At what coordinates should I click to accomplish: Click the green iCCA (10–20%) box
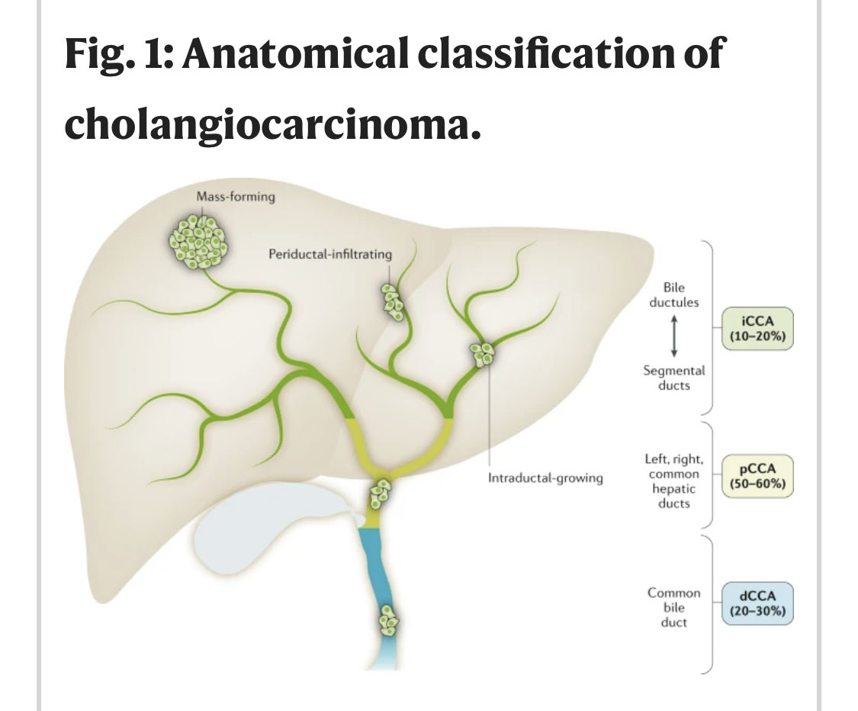coord(757,329)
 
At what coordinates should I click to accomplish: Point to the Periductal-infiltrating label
coord(329,253)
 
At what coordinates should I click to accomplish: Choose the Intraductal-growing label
coord(545,478)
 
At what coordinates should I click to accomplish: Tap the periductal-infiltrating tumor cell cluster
coord(394,301)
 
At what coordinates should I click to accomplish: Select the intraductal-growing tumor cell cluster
coord(483,353)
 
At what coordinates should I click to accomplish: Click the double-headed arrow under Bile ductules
coord(674,336)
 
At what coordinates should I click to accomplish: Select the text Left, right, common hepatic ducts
coord(674,481)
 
